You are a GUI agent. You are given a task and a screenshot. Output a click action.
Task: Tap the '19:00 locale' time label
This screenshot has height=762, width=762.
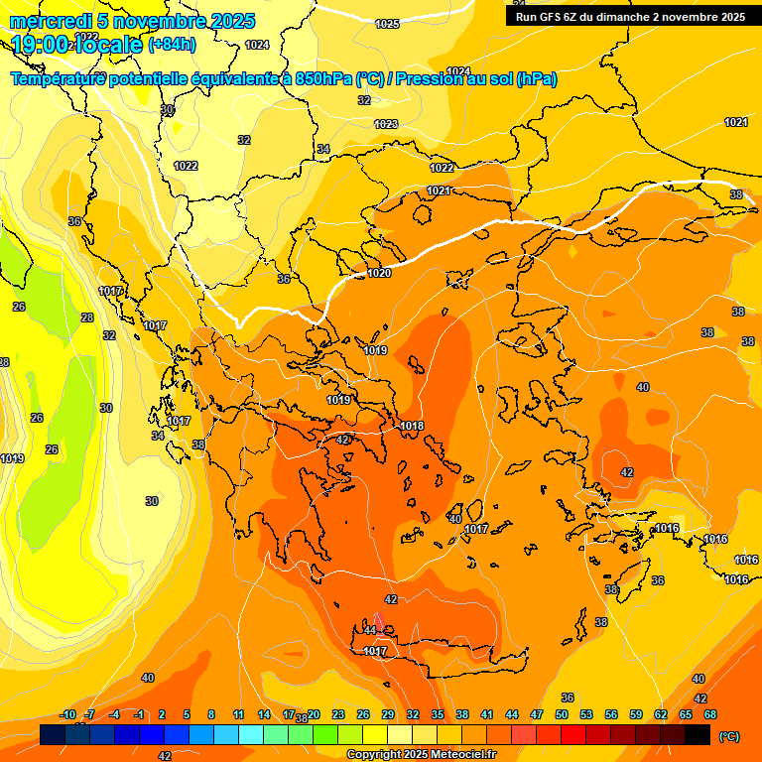[77, 45]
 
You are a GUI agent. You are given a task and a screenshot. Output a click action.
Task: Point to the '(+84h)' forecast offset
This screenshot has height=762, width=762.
[172, 45]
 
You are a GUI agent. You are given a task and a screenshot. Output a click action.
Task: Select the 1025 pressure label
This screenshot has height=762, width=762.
[388, 24]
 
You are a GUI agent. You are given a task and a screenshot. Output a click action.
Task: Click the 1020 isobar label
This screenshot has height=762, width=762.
[379, 273]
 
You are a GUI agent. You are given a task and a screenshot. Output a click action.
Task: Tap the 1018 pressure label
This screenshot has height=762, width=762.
[413, 426]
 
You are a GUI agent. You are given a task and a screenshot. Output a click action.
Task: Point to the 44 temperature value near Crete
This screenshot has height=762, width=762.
[370, 630]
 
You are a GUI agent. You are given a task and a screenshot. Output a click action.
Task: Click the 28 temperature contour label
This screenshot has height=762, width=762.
[87, 317]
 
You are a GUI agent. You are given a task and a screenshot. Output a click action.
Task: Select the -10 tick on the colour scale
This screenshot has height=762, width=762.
[68, 714]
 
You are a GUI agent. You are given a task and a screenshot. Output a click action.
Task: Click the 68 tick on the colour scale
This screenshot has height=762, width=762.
[710, 714]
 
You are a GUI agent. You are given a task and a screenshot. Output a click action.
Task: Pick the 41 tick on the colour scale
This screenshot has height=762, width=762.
[487, 714]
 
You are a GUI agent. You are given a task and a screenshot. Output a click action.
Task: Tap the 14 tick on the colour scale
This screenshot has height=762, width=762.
[264, 714]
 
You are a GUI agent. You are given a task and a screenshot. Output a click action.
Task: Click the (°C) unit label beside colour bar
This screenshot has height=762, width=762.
[728, 736]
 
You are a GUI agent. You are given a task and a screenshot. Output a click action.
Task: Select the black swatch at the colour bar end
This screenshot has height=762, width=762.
[698, 735]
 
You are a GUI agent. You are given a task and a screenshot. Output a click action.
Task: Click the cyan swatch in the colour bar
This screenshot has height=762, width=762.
[251, 735]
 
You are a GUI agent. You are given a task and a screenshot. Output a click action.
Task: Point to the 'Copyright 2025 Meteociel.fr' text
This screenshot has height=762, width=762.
[422, 755]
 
